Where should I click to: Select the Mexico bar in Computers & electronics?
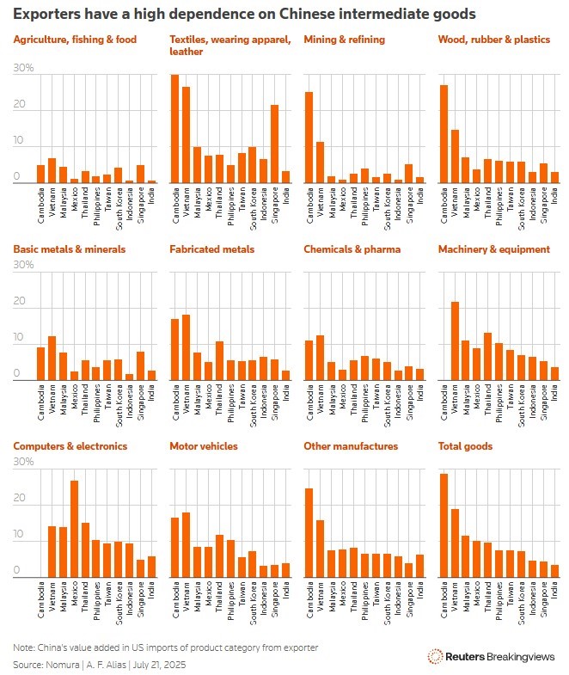[x=74, y=529]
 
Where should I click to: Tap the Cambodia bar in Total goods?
[x=444, y=525]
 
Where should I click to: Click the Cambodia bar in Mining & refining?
[x=309, y=138]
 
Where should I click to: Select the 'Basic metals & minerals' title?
[x=69, y=249]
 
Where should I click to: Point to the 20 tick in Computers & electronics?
[x=20, y=499]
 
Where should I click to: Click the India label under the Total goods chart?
[x=555, y=590]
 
